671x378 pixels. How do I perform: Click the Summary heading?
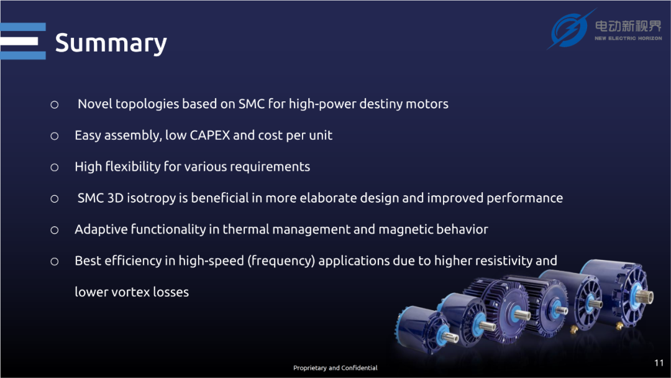111,44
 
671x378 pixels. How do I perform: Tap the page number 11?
659,363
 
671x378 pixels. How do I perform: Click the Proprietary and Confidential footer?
335,367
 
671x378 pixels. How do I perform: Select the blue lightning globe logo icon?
569,30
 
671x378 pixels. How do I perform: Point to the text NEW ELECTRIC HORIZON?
628,39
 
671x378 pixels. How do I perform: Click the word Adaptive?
101,230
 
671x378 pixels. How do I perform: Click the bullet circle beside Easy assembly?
54,136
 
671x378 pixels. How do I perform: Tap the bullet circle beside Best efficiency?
54,262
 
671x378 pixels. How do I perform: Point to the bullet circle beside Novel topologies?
54,105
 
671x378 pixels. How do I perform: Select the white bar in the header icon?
19,41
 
